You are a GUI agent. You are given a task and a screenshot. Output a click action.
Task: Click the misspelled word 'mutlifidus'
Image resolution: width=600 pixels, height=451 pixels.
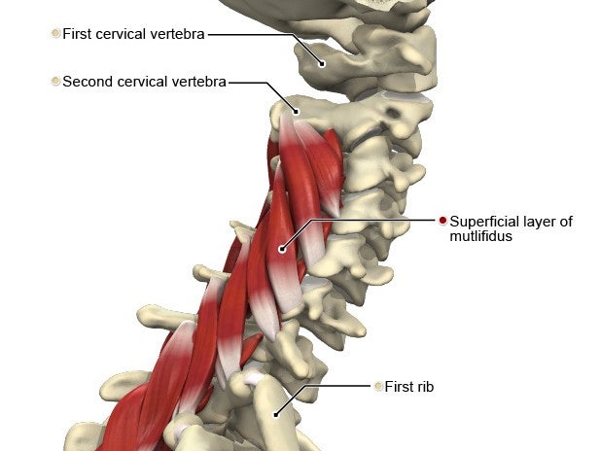[x=480, y=236]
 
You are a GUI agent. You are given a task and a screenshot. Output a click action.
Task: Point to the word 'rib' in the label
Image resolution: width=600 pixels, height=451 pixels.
[x=425, y=387]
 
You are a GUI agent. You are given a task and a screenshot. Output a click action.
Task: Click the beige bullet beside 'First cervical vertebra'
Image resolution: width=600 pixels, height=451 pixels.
[x=55, y=34]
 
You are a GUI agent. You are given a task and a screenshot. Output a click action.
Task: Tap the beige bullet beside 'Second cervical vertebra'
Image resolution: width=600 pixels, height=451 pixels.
[x=55, y=81]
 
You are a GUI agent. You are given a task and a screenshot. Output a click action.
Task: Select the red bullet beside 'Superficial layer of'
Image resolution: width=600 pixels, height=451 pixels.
[x=442, y=221]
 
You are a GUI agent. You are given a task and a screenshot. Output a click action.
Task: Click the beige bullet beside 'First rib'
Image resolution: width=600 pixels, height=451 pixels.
[x=378, y=386]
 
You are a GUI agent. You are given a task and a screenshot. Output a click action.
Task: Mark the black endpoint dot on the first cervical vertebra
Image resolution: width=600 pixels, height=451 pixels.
[x=322, y=64]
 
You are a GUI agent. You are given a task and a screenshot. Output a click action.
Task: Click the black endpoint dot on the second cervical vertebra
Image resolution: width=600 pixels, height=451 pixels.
[x=296, y=112]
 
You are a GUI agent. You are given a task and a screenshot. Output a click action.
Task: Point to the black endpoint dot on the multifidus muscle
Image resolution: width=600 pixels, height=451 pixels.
[x=282, y=250]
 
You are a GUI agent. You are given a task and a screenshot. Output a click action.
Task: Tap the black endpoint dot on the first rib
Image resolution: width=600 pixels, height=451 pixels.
[x=276, y=414]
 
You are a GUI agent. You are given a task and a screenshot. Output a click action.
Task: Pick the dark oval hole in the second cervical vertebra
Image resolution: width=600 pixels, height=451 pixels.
[x=393, y=113]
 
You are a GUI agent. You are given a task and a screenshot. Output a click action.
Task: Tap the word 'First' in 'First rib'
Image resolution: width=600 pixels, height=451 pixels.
[x=399, y=387]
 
